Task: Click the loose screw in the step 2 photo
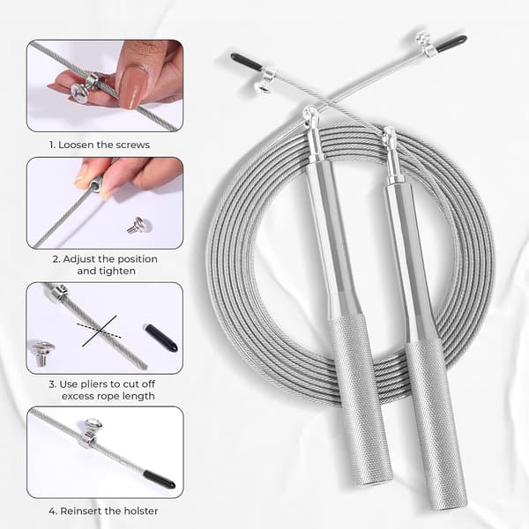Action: (139, 225)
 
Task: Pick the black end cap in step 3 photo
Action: (161, 338)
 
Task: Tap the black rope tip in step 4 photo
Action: (160, 480)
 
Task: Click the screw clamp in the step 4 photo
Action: (92, 432)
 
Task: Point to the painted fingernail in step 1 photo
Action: (134, 87)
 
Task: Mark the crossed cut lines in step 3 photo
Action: (99, 331)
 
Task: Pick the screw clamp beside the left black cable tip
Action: (264, 80)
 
